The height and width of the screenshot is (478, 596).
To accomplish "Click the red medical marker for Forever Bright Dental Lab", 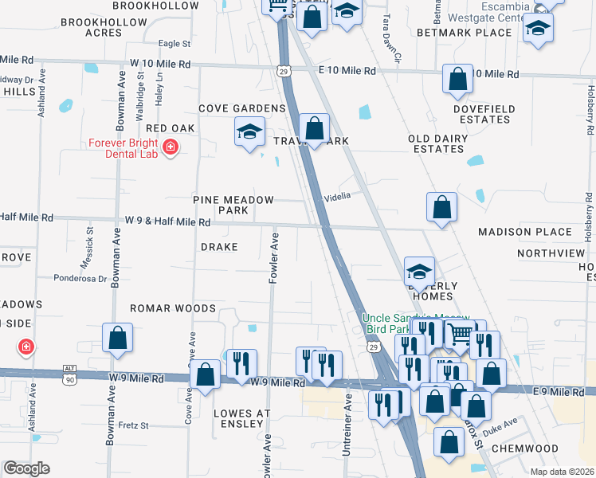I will (170, 147).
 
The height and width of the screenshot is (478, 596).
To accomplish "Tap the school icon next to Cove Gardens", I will (249, 131).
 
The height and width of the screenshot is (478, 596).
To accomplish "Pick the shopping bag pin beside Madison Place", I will (441, 208).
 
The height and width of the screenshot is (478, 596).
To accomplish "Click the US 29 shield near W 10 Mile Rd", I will (286, 72).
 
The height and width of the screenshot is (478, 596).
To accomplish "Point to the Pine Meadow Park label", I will (233, 206).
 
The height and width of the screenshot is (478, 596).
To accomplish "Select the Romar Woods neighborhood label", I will (173, 308).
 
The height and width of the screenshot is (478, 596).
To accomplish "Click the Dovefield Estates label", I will (484, 114).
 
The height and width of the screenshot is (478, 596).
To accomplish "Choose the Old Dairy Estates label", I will (437, 143).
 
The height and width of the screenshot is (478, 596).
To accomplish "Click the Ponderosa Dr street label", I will (80, 279).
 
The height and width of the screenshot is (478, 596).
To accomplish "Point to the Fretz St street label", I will (133, 425).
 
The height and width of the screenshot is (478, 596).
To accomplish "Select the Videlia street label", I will (337, 197).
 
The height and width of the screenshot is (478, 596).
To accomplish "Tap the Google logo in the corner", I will (25, 468).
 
